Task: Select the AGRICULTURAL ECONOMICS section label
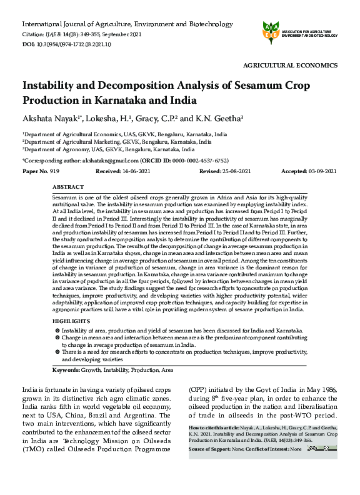[x=290, y=66]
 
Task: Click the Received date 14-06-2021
[x=137, y=171]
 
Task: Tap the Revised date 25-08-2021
[x=234, y=171]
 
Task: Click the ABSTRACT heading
[x=68, y=187]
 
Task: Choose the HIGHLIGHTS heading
[x=71, y=321]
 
